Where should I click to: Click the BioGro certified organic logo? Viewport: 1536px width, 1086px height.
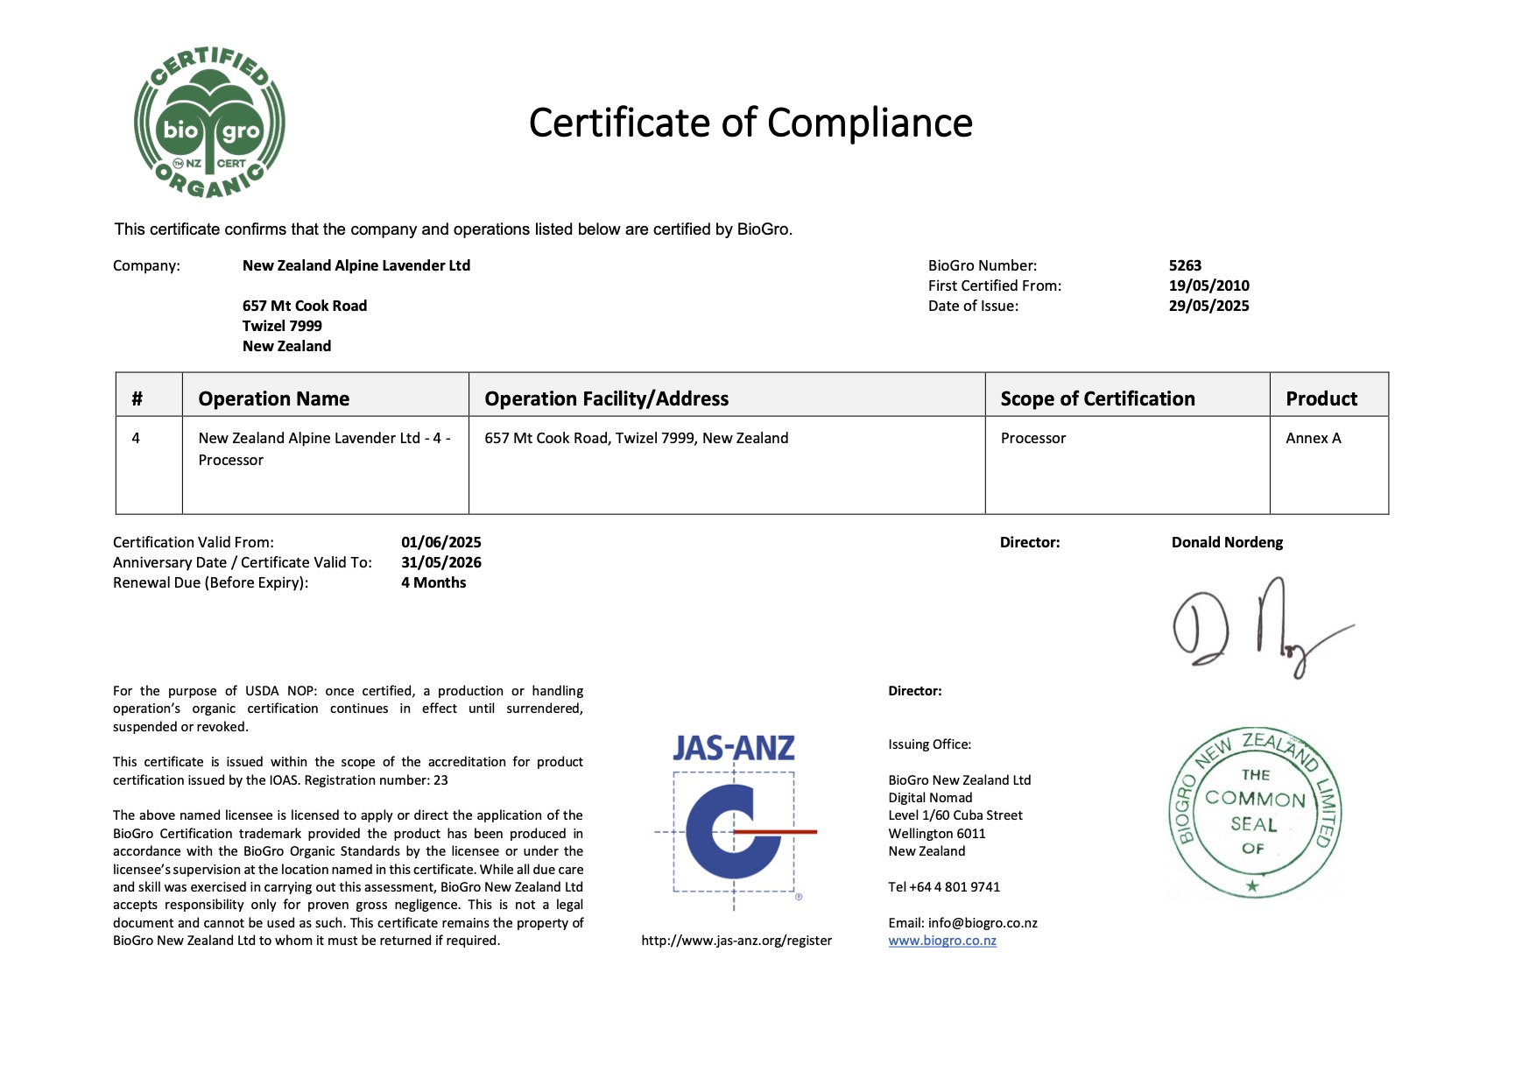click(209, 123)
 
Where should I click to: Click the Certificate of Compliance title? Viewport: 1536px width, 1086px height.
click(750, 123)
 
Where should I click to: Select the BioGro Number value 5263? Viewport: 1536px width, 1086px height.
click(1185, 265)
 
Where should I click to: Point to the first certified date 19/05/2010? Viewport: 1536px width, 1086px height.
click(1208, 286)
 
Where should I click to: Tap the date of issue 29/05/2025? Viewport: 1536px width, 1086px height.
click(1208, 306)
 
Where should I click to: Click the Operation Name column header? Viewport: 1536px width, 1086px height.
click(273, 398)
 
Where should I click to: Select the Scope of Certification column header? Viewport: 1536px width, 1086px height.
click(1097, 398)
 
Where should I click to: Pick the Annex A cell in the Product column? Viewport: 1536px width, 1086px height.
click(1313, 438)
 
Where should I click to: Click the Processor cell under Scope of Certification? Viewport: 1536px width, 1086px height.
click(1033, 438)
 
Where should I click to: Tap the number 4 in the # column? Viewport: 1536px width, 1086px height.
click(136, 438)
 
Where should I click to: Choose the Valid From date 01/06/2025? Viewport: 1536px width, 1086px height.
click(441, 542)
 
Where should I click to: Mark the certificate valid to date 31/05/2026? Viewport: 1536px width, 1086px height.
click(441, 562)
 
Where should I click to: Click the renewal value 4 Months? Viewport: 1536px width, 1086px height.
click(433, 582)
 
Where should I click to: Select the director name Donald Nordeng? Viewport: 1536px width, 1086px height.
click(1227, 542)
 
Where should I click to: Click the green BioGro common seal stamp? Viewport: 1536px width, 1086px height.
click(1254, 812)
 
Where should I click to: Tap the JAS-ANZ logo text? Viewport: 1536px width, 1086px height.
click(734, 748)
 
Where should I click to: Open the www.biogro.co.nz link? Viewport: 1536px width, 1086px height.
click(942, 941)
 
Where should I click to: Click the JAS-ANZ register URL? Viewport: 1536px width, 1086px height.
click(736, 941)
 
